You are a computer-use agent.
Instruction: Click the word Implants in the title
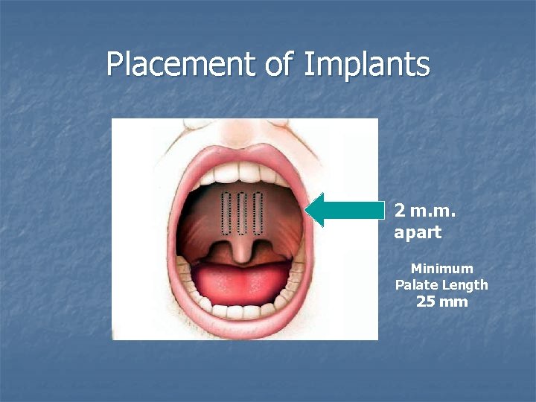pyautogui.click(x=366, y=64)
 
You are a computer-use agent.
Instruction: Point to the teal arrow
pyautogui.click(x=346, y=210)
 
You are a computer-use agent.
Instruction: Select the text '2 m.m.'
pyautogui.click(x=425, y=210)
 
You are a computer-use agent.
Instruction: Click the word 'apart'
pyautogui.click(x=418, y=232)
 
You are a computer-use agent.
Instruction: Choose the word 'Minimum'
pyautogui.click(x=441, y=268)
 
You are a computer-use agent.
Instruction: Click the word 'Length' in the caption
pyautogui.click(x=466, y=284)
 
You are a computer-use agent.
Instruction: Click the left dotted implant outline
pyautogui.click(x=226, y=211)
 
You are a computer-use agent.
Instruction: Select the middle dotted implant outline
pyautogui.click(x=242, y=211)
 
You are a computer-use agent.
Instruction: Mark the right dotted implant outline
pyautogui.click(x=258, y=211)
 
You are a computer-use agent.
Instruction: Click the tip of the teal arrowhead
pyautogui.click(x=307, y=210)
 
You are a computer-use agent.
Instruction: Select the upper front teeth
pyautogui.click(x=243, y=173)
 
